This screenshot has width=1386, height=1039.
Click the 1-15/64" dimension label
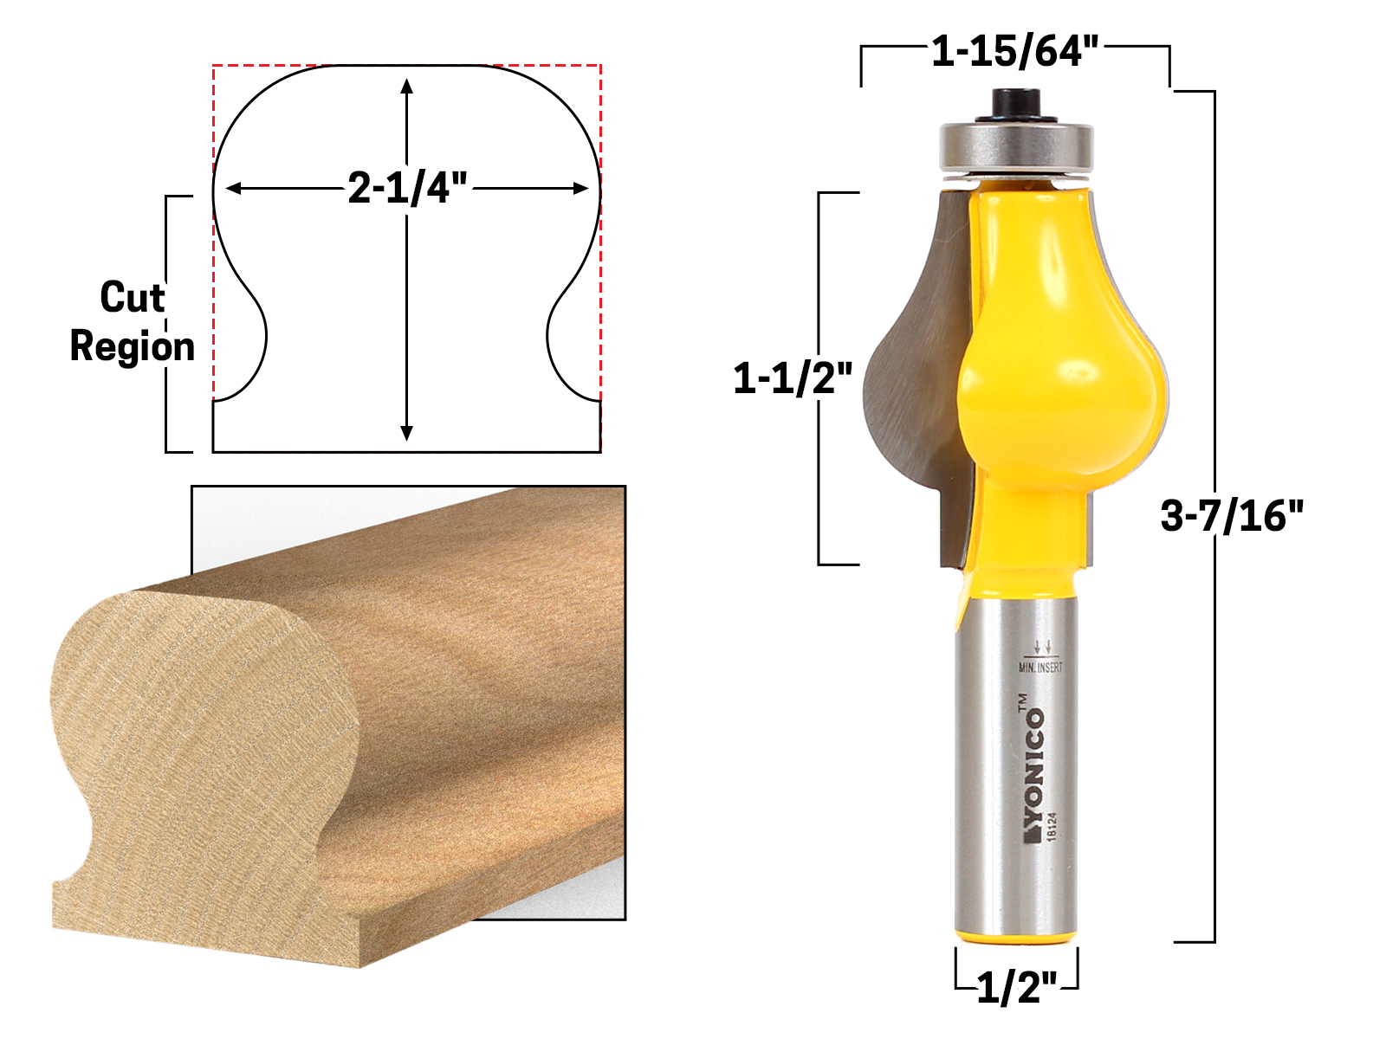(1014, 52)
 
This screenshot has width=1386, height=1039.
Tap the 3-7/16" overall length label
(1231, 516)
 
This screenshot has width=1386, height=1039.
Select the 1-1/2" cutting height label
(793, 378)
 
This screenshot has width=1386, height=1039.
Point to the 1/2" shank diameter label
(1017, 987)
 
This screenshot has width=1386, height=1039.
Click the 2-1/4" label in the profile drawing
(407, 188)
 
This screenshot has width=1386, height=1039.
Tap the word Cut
(132, 298)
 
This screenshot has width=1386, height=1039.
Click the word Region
(132, 346)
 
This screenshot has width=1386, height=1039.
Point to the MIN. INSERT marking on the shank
(1040, 668)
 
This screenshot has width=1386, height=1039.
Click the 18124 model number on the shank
(1052, 826)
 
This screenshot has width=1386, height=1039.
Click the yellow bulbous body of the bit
(1061, 390)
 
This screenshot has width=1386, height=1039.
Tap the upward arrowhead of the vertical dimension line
(406, 86)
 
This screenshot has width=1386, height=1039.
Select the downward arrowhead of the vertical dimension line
(406, 432)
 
